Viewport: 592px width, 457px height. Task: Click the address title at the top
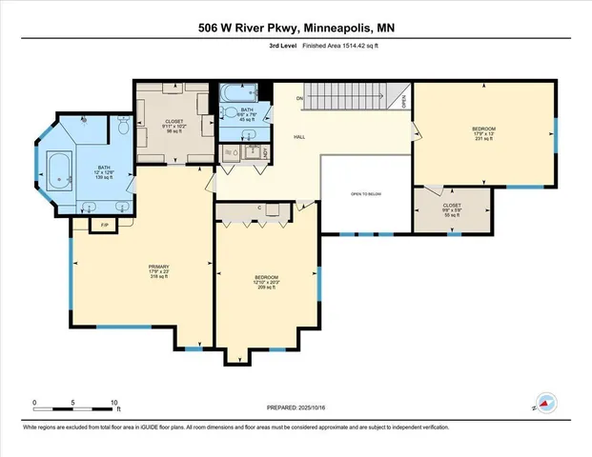click(x=296, y=28)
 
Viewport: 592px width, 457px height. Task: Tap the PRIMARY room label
click(x=157, y=266)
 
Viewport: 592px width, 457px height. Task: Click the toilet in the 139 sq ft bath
click(x=123, y=127)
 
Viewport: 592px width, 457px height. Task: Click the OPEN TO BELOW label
click(x=366, y=193)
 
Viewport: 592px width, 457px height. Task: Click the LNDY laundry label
click(x=265, y=152)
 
